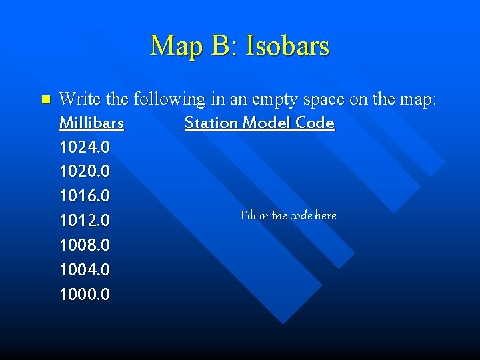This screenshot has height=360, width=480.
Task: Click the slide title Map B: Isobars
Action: click(x=239, y=46)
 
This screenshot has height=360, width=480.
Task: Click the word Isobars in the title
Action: click(x=287, y=46)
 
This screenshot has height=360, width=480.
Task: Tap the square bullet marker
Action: click(x=45, y=100)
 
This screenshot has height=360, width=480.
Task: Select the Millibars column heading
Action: click(x=91, y=123)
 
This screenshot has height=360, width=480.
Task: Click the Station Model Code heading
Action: click(x=259, y=123)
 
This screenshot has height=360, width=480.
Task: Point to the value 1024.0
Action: click(x=85, y=146)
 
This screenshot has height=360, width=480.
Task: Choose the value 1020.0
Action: click(x=85, y=171)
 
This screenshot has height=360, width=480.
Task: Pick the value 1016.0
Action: click(x=85, y=195)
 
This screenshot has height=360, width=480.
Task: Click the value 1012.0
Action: click(x=85, y=220)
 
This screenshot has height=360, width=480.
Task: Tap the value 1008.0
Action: click(x=85, y=245)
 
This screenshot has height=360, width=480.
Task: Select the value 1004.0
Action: click(x=85, y=269)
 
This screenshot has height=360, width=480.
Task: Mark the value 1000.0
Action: click(x=85, y=294)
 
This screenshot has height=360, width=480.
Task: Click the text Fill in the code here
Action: click(x=288, y=215)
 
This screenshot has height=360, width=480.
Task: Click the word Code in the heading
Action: click(x=317, y=123)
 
